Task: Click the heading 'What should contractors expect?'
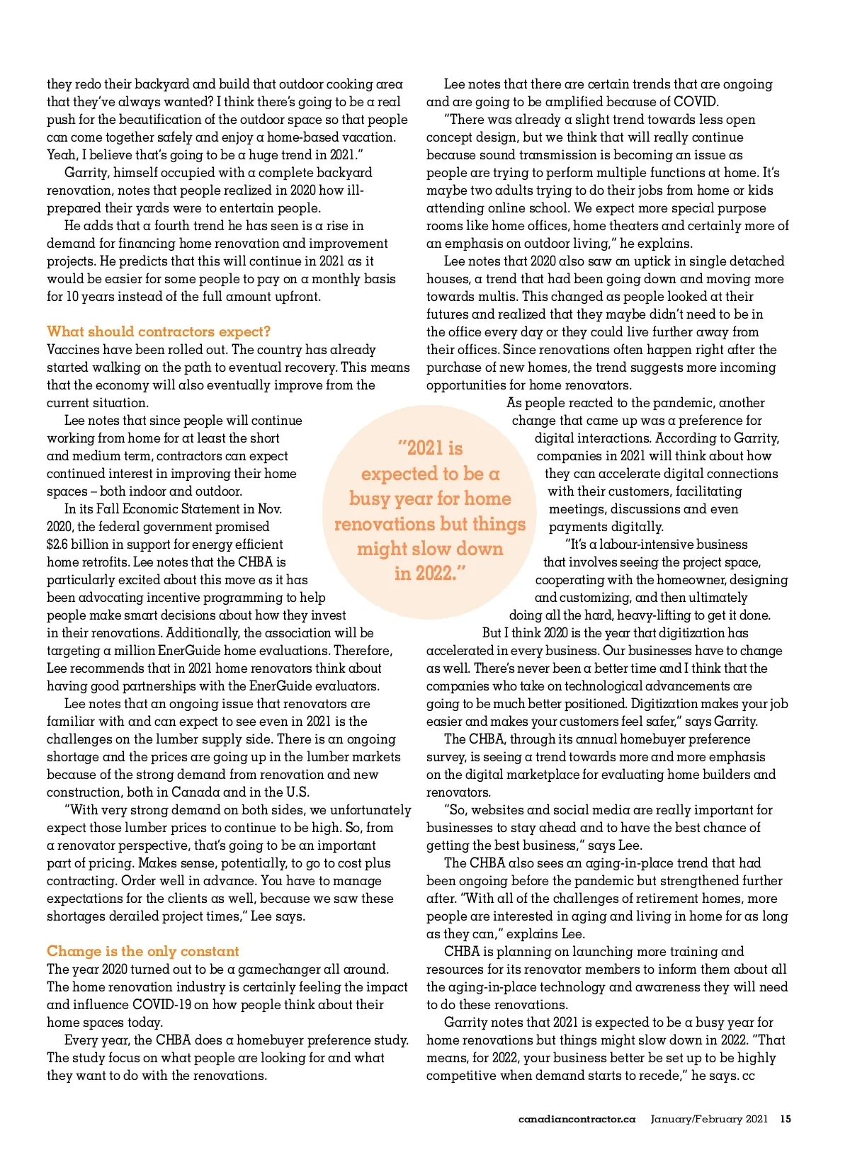click(159, 331)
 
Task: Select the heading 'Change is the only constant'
click(143, 951)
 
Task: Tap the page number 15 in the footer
click(786, 1119)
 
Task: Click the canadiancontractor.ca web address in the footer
click(577, 1119)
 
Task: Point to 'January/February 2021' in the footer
click(709, 1119)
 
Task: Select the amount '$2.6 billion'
click(81, 545)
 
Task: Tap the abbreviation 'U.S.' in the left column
click(297, 792)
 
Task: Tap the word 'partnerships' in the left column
click(127, 686)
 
